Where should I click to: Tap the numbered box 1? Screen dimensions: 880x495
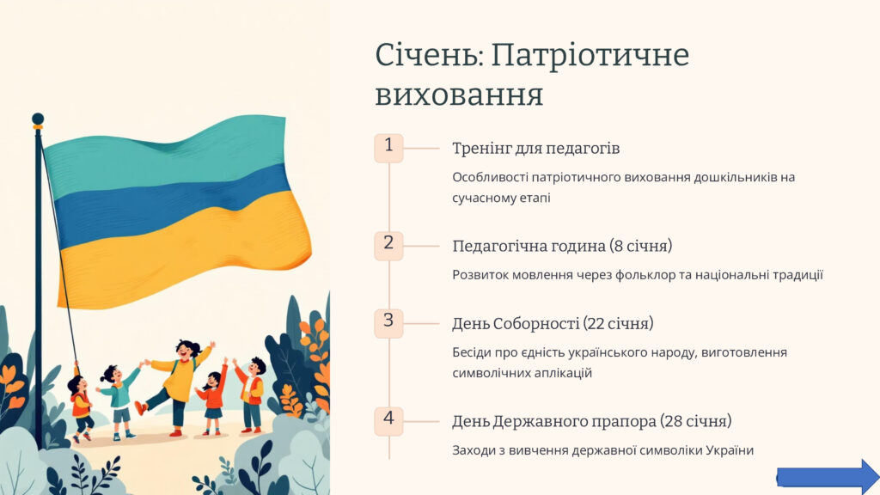point(388,148)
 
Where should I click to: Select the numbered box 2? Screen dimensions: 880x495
point(388,246)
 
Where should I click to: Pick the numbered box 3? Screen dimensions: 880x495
point(388,323)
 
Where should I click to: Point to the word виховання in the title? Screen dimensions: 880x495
point(459,95)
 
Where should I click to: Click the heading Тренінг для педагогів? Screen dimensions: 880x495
point(536,149)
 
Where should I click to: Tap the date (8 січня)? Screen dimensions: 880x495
point(641,246)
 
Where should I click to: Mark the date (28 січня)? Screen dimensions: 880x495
point(696,421)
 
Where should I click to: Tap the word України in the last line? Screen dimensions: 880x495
point(730,450)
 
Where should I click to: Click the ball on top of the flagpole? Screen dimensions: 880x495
point(38,119)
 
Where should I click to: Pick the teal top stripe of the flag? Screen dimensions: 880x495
point(162,151)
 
